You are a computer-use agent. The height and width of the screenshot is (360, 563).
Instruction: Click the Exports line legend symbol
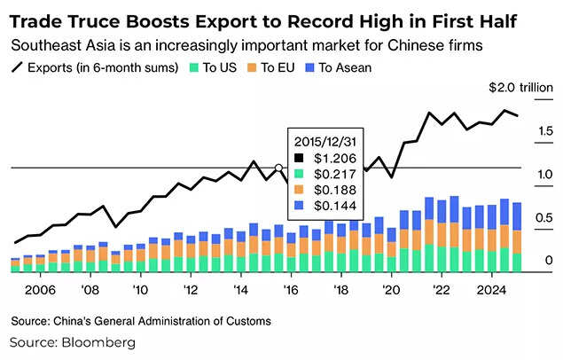(17, 67)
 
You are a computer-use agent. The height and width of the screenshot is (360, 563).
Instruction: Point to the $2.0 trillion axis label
(520, 89)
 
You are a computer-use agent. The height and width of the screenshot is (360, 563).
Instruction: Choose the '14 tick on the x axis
(241, 289)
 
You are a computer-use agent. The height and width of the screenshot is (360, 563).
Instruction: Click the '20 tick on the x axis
(391, 289)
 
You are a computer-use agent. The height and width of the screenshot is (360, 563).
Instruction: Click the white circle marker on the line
(278, 168)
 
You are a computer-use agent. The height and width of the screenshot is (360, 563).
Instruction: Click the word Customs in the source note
(246, 320)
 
